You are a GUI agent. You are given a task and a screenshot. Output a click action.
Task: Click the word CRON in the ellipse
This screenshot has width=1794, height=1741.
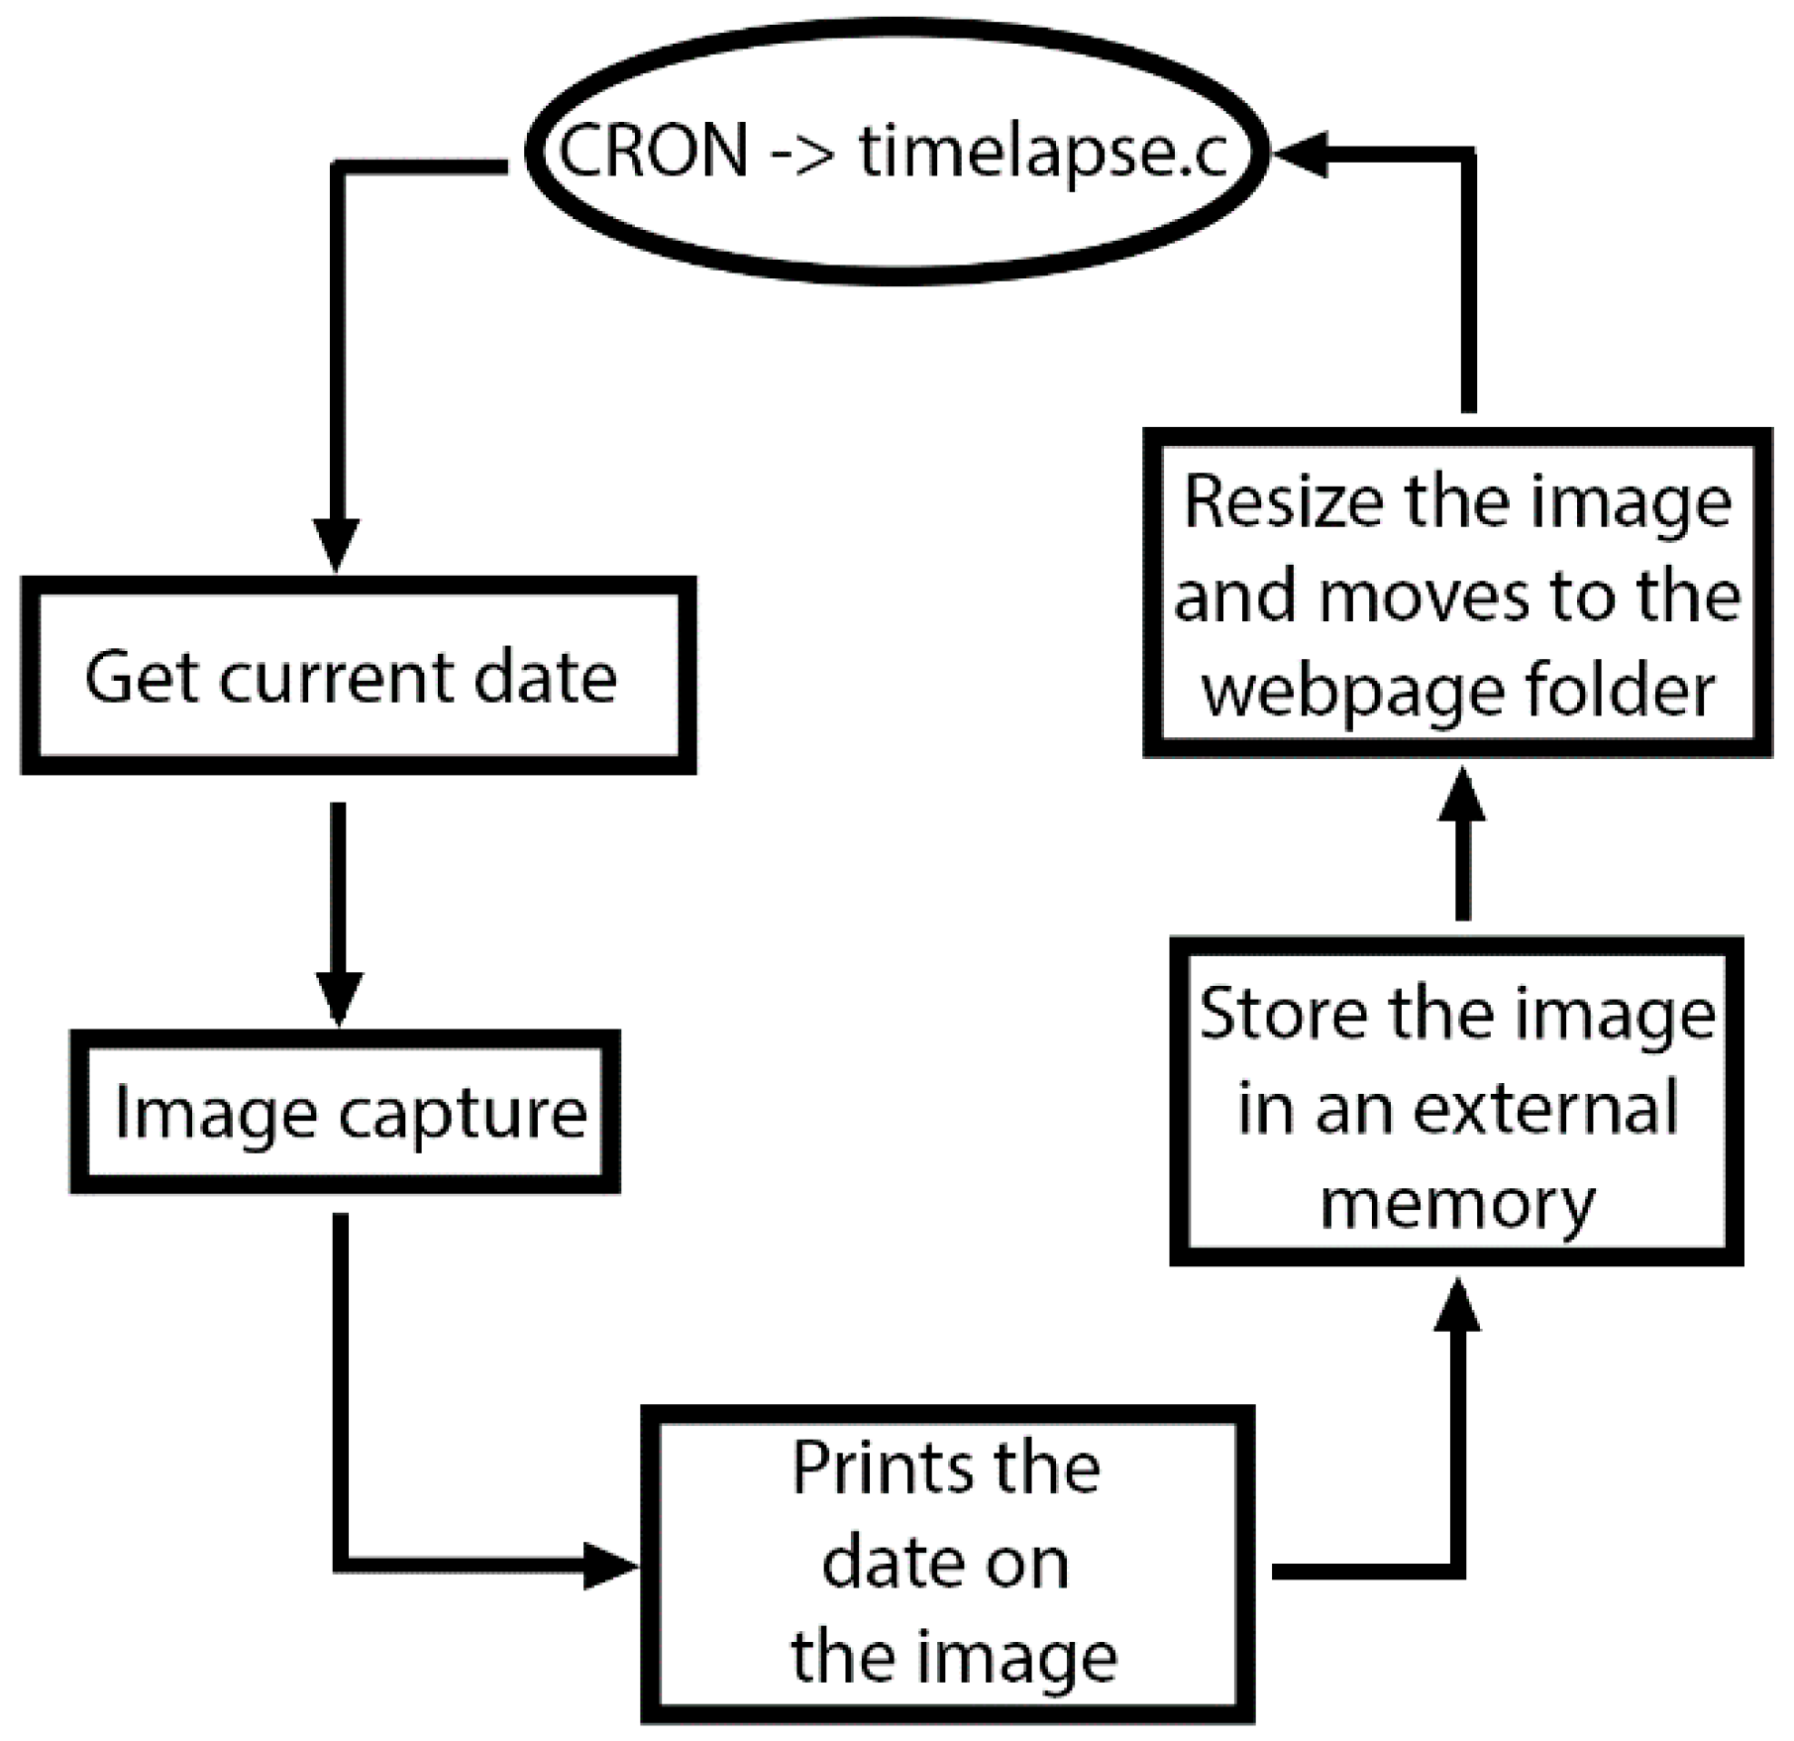click(x=654, y=152)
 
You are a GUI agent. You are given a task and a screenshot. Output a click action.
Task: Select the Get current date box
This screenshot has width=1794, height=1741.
click(x=358, y=676)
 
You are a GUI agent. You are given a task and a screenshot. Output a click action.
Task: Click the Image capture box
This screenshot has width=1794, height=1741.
click(x=345, y=1112)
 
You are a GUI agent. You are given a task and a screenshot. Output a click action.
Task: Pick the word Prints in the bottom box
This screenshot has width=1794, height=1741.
click(x=861, y=1469)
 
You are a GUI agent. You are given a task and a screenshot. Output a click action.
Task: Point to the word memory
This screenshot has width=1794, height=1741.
click(x=1457, y=1203)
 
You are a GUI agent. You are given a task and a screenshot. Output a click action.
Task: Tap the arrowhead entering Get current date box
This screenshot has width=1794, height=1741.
click(x=337, y=545)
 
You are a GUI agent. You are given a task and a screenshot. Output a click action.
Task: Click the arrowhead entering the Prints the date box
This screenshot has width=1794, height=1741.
click(x=608, y=1566)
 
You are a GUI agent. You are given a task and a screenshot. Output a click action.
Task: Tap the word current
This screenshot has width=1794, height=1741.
click(x=336, y=678)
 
